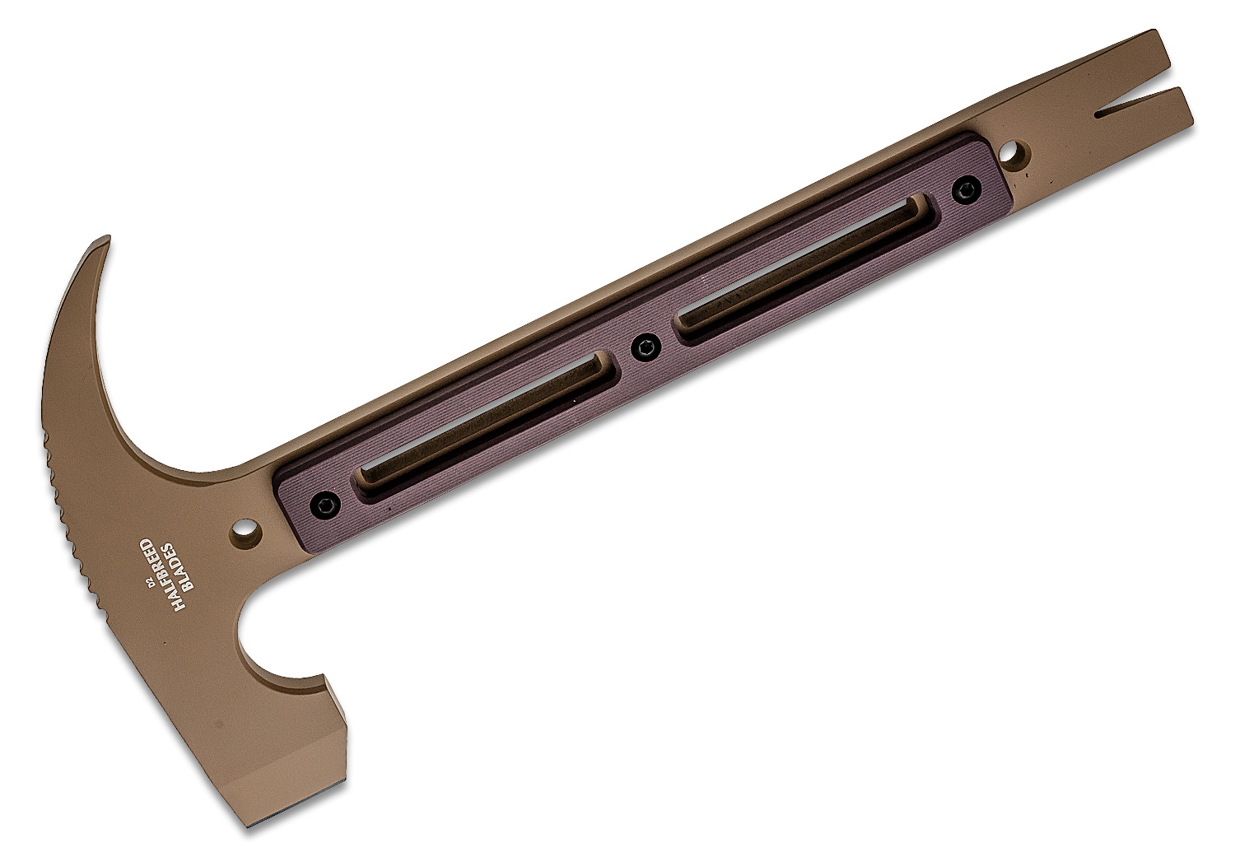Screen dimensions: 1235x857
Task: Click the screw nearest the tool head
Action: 324,504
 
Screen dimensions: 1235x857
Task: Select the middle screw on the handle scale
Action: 645,348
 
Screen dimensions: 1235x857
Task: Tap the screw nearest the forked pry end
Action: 967,191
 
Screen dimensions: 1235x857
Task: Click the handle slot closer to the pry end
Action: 805,267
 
